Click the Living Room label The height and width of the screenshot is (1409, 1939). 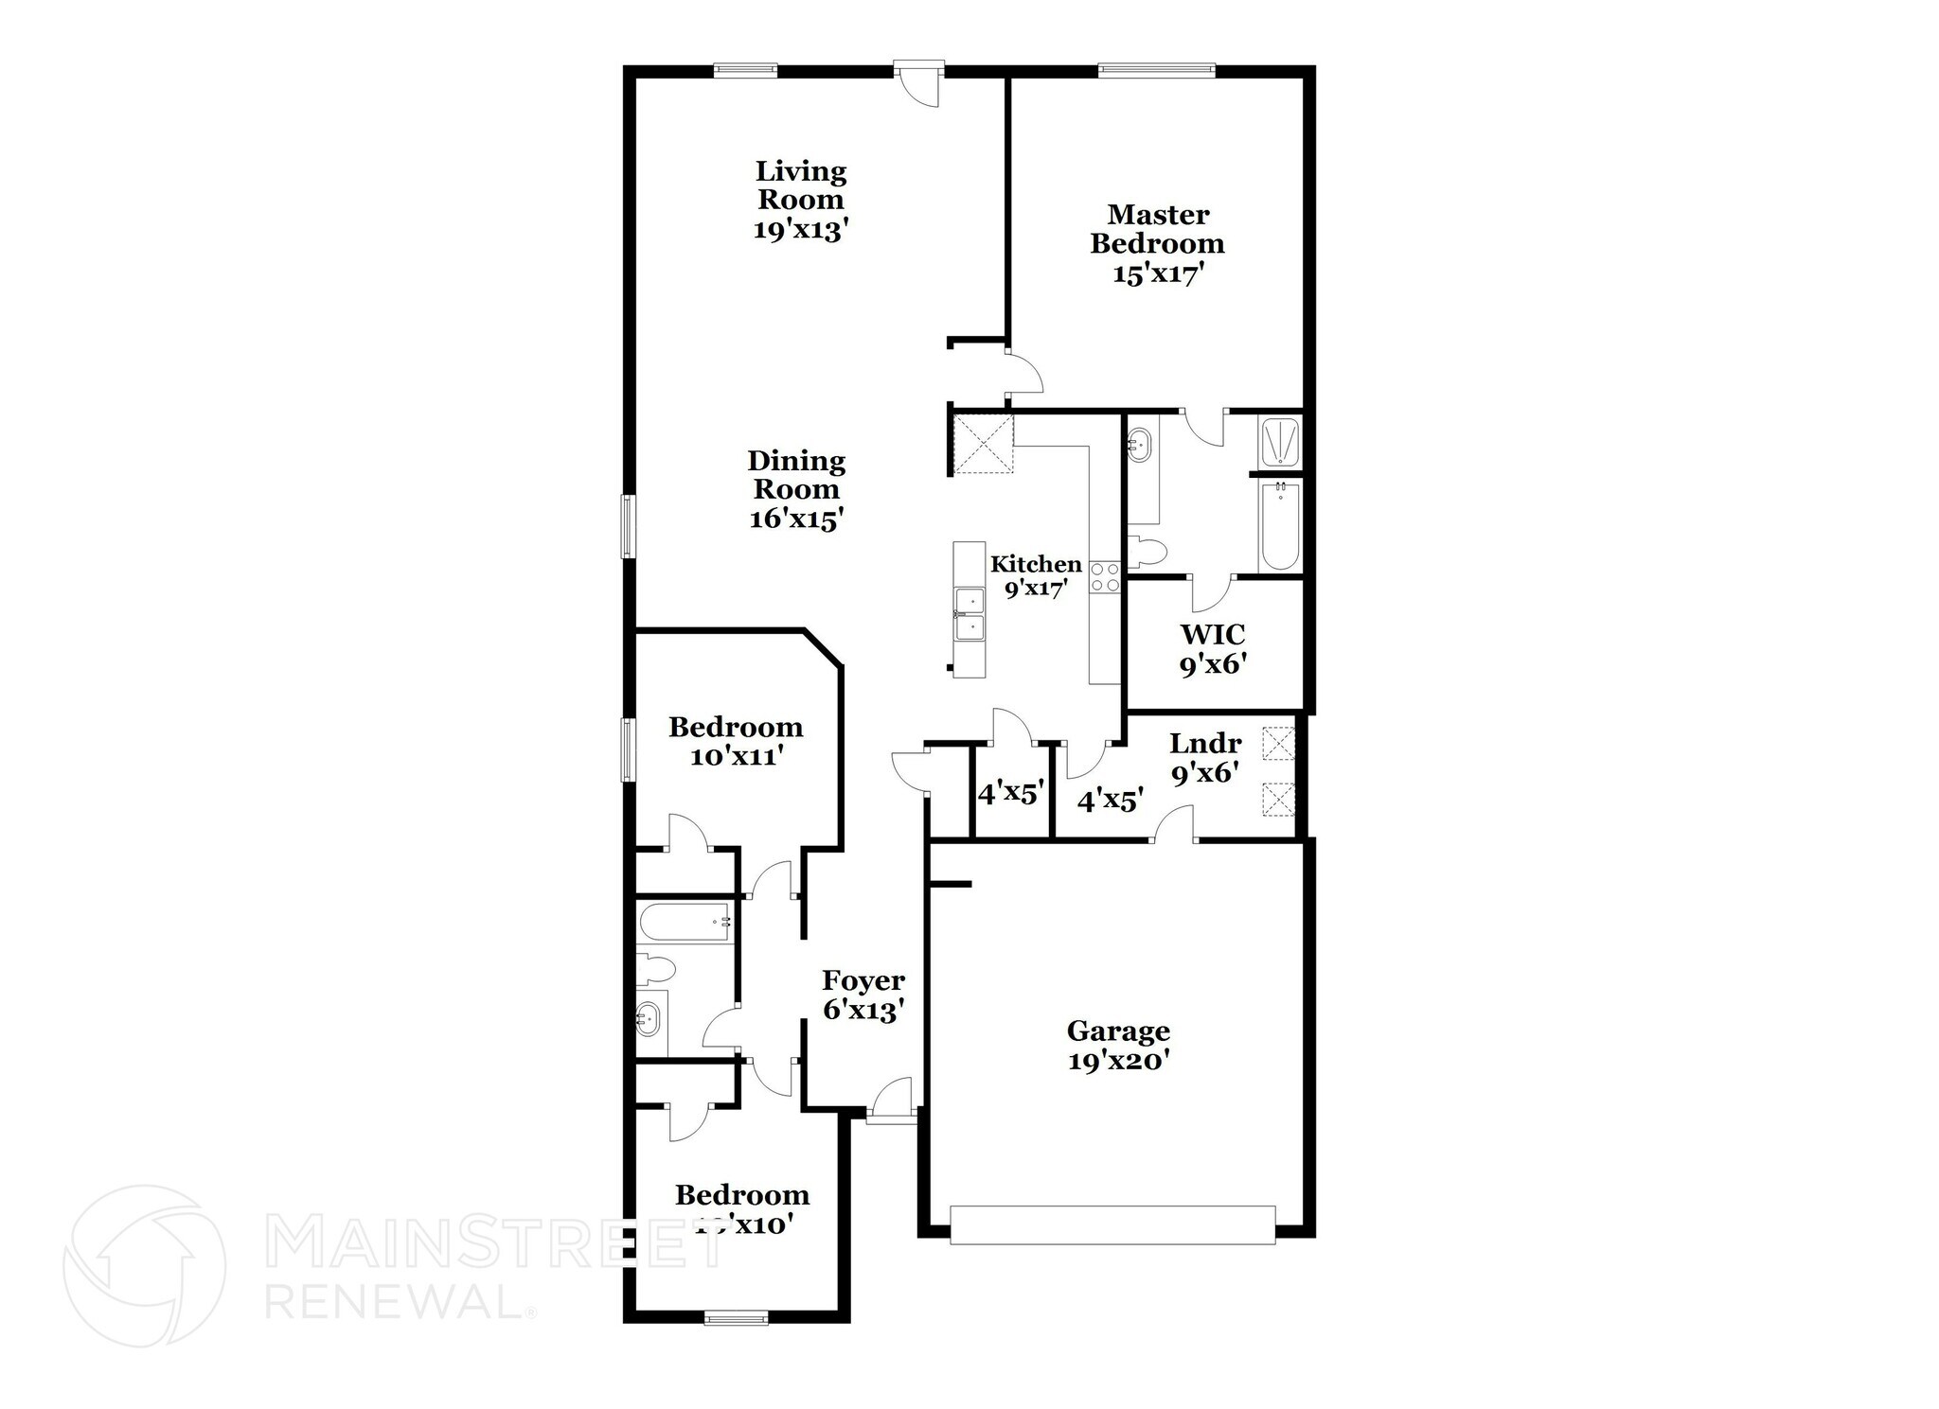tap(800, 185)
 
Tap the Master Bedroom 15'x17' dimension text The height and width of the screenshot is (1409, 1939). tap(1158, 273)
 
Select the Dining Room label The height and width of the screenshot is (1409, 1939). tap(796, 475)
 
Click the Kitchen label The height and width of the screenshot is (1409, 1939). tap(1036, 564)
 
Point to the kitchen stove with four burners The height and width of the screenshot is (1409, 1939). tap(1105, 576)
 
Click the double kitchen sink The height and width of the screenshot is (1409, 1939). tap(969, 615)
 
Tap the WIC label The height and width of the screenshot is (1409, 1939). tap(1213, 633)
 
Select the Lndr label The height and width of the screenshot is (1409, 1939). tap(1205, 743)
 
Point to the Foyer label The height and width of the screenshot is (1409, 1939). tap(863, 979)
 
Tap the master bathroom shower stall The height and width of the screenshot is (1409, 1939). tap(1281, 442)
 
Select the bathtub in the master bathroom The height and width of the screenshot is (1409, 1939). tap(1280, 525)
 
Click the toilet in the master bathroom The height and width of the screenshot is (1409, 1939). tap(1147, 551)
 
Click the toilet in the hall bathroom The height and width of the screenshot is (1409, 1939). tap(655, 968)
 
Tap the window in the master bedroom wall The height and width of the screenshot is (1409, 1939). tap(1156, 69)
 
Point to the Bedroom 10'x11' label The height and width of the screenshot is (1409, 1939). tap(736, 741)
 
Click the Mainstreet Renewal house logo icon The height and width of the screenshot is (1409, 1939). tap(144, 1265)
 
